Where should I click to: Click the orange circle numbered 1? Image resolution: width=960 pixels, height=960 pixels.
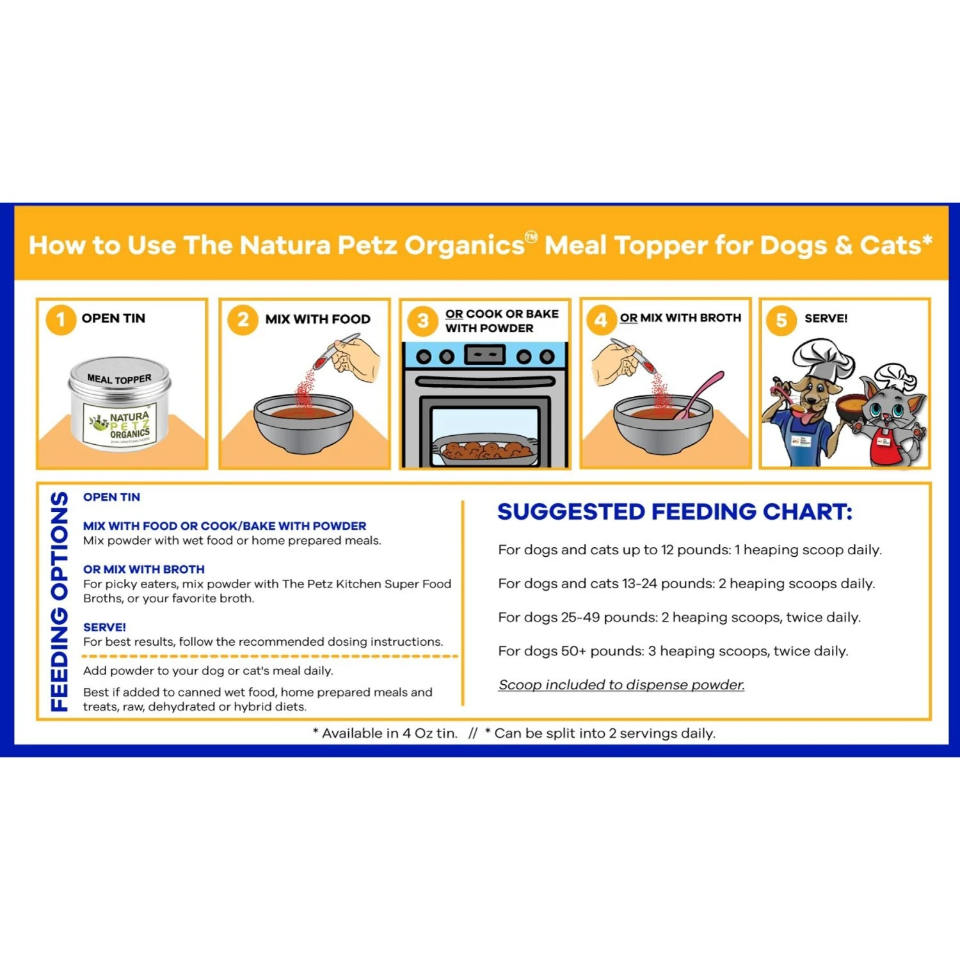tap(61, 319)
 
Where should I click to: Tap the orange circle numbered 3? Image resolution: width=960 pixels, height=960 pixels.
tap(423, 320)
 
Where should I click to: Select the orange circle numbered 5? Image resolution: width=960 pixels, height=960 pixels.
tap(781, 319)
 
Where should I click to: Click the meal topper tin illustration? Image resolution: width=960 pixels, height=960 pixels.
tap(120, 404)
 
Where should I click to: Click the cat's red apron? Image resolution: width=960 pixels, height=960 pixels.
tap(884, 447)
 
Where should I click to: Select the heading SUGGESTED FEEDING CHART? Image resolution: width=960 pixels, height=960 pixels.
tap(675, 512)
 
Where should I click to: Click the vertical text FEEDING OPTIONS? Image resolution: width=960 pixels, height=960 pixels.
tap(60, 602)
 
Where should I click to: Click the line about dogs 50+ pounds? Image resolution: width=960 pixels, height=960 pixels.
tap(673, 651)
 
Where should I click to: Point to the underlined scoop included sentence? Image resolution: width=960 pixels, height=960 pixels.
tap(621, 685)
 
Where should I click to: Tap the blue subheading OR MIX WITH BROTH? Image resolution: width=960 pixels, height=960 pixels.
tap(144, 569)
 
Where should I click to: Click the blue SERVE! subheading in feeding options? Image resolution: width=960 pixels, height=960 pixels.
tap(104, 627)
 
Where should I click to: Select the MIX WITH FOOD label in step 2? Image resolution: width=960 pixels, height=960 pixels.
tap(317, 319)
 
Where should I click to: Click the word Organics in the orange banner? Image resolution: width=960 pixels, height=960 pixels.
tap(464, 245)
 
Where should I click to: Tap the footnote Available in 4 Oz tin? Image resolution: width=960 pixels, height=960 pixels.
tap(385, 733)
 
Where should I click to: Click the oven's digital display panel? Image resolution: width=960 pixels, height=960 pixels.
tap(484, 354)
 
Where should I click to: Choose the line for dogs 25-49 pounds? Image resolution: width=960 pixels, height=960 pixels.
tap(679, 617)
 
